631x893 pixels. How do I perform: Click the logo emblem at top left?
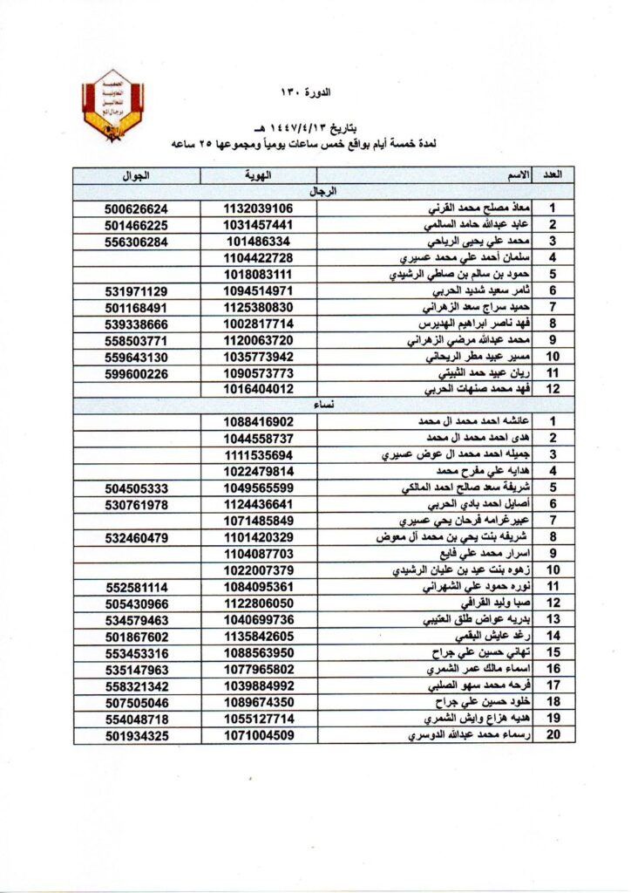(x=112, y=106)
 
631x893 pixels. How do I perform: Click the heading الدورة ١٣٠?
(x=315, y=92)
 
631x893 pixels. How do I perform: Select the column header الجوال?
(x=135, y=175)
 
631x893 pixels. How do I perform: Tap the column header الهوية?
(x=258, y=175)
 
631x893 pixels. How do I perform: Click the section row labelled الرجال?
(x=323, y=191)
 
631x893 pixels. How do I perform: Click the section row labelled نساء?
(x=323, y=405)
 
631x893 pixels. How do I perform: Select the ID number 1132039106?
(x=258, y=209)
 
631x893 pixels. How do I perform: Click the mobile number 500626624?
(x=135, y=209)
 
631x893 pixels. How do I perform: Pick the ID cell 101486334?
(x=258, y=242)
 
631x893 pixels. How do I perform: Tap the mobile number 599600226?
(x=135, y=372)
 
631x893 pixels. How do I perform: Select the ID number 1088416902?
(x=258, y=421)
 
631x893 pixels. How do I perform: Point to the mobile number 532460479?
(x=135, y=537)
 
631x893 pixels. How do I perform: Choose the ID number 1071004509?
(x=258, y=735)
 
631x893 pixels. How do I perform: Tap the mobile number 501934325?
(x=135, y=735)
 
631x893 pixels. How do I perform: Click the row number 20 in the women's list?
(x=552, y=735)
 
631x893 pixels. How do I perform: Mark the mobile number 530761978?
(x=135, y=504)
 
